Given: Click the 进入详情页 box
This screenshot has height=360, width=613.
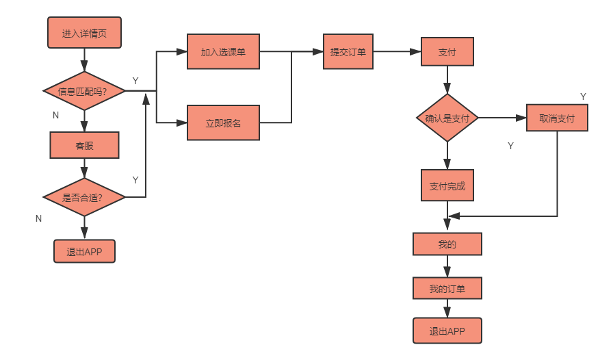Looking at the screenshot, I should (x=85, y=33).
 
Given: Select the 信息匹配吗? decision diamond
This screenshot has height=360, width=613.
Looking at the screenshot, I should (x=85, y=91).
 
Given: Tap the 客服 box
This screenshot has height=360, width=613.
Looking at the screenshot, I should (x=85, y=145).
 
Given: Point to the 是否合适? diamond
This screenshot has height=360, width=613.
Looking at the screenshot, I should (x=85, y=198).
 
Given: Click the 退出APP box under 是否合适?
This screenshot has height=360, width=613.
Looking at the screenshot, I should (x=85, y=252).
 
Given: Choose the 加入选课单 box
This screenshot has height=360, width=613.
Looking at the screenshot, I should (x=223, y=52).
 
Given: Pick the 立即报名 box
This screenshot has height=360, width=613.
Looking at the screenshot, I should (x=223, y=123).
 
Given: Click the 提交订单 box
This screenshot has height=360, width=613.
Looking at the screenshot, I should (x=348, y=52).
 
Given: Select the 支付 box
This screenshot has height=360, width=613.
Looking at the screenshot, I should (x=447, y=52).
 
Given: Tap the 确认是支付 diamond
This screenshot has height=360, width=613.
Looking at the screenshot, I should (x=447, y=118).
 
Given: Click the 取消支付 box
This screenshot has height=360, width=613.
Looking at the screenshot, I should (x=557, y=118).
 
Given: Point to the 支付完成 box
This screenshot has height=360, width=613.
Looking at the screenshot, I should (x=447, y=185).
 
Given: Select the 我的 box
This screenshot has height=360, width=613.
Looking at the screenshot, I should (x=447, y=244).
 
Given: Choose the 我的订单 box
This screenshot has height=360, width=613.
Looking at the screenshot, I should (x=447, y=289).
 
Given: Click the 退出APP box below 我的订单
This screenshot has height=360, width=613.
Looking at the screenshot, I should (x=447, y=331).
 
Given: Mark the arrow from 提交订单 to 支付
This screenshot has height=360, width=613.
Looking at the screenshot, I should (x=397, y=52).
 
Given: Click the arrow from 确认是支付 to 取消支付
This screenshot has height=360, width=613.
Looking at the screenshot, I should (x=501, y=118).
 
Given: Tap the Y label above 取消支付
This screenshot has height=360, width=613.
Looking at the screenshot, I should (x=583, y=97).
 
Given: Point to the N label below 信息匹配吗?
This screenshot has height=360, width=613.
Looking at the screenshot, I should (x=56, y=115).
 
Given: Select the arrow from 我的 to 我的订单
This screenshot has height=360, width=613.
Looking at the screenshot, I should (x=447, y=266).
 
